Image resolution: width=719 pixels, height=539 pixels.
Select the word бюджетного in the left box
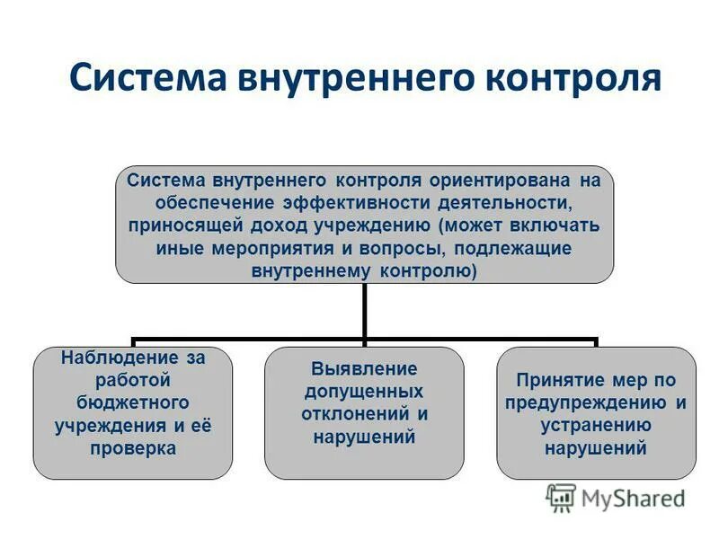tap(133, 402)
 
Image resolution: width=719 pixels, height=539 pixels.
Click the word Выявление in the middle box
tap(364, 368)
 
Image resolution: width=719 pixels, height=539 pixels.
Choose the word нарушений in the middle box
tap(364, 437)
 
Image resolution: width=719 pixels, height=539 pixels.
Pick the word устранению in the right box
tap(596, 426)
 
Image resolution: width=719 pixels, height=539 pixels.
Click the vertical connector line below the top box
tap(364, 310)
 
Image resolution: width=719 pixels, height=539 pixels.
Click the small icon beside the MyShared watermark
tap(562, 497)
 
